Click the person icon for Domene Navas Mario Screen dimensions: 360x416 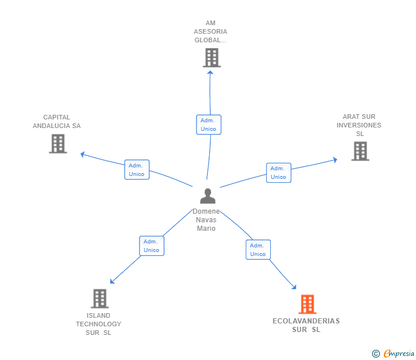(207, 196)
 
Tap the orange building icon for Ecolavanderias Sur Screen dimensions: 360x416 (307, 304)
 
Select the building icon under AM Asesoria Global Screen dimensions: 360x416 (211, 57)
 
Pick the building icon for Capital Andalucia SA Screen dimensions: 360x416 (58, 143)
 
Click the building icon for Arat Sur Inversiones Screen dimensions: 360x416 (360, 151)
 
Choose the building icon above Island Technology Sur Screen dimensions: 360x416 (99, 298)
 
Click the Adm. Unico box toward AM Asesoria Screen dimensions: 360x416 (209, 125)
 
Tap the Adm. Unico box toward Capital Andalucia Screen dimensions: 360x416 (137, 170)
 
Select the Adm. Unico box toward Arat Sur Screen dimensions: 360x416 (278, 173)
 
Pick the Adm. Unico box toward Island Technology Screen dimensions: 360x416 (151, 246)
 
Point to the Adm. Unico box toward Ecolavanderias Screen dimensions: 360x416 (258, 250)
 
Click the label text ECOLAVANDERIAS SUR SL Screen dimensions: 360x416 (306, 325)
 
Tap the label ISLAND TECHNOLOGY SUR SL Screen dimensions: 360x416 (99, 324)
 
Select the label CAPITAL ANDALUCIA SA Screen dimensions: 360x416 (57, 121)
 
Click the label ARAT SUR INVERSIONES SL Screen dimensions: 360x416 (359, 125)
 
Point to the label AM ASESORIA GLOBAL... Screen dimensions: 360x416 (211, 32)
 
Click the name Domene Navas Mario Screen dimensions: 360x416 (206, 220)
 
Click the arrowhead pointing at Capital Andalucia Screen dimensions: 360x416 (82, 153)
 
